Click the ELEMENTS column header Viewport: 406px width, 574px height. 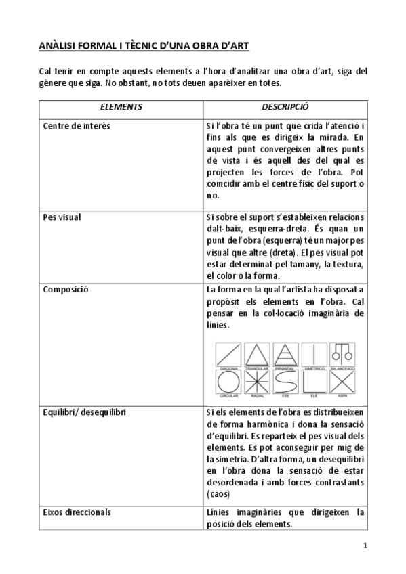(120, 107)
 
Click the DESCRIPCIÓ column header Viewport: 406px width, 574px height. (285, 107)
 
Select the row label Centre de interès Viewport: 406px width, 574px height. (77, 126)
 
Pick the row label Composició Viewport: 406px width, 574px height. (65, 290)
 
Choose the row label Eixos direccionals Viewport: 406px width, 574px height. (77, 512)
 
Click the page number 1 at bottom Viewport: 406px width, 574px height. (365, 546)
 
